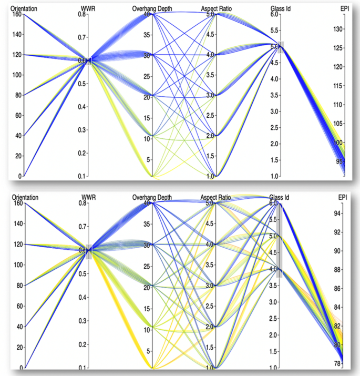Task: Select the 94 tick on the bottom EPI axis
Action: pyautogui.click(x=340, y=214)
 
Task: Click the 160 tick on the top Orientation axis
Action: pyautogui.click(x=16, y=15)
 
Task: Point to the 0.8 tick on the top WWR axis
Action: pyautogui.click(x=82, y=15)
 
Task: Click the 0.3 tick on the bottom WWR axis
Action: pyautogui.click(x=82, y=321)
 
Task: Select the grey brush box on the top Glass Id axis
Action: pyautogui.click(x=281, y=47)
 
